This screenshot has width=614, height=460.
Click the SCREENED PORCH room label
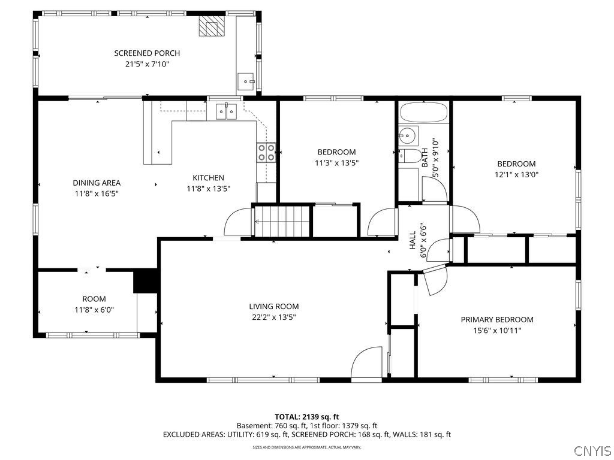[147, 53]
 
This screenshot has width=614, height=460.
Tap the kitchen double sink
[226, 111]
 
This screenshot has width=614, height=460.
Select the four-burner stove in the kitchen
[266, 153]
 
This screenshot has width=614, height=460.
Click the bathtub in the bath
[423, 113]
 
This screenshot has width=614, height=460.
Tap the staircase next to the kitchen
[282, 220]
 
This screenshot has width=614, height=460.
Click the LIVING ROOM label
[273, 307]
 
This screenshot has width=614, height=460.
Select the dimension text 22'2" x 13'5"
[273, 317]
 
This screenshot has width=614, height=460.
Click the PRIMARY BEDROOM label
[496, 320]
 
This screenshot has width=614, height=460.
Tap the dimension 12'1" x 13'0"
[516, 175]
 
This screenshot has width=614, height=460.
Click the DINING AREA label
[97, 183]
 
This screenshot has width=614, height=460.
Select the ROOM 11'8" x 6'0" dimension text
[94, 310]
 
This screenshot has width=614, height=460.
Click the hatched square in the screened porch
[211, 26]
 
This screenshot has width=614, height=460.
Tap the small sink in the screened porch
[246, 80]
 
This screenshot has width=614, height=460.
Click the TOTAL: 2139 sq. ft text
[306, 416]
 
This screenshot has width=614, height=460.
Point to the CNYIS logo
[592, 450]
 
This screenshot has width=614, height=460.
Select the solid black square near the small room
[145, 281]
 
